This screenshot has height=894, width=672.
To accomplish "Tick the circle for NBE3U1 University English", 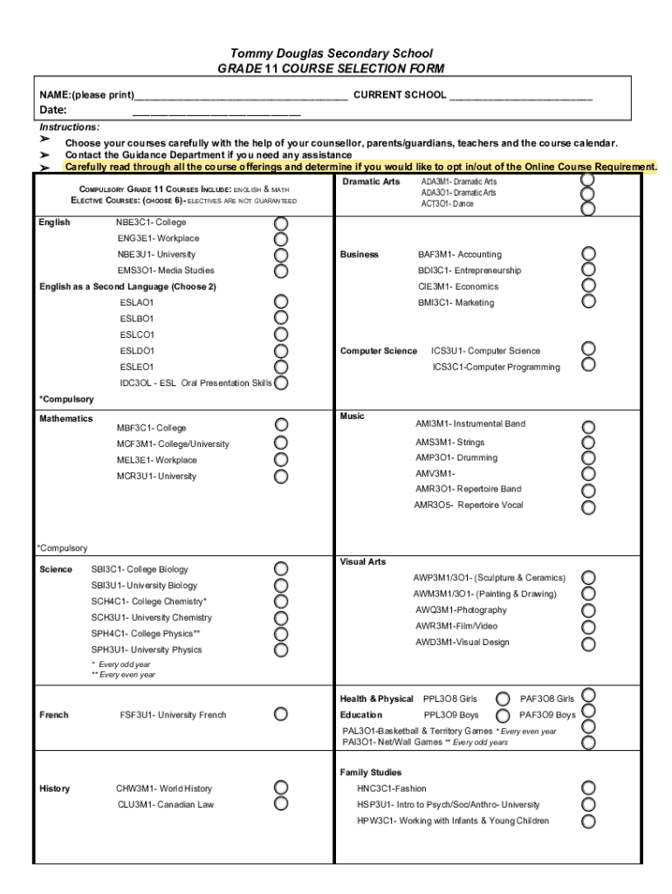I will click(281, 254).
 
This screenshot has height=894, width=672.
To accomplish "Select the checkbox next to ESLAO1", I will click(281, 302).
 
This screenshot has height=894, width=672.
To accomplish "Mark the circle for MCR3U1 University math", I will click(281, 477).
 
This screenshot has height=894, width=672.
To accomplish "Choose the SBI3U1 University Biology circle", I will click(281, 585).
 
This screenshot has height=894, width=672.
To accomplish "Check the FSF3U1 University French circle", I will click(281, 714).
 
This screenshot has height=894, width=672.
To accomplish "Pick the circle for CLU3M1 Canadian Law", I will click(281, 804).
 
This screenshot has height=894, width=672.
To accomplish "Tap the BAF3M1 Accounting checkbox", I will click(589, 254).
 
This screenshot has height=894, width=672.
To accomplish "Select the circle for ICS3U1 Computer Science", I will click(589, 350).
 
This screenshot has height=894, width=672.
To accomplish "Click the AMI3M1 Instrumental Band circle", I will click(589, 427).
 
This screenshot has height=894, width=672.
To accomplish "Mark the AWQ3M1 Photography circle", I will click(589, 610).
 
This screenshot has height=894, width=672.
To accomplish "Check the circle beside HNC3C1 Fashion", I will click(589, 788).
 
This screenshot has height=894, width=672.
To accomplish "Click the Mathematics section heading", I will click(66, 419).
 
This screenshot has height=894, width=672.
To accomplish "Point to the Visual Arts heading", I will click(362, 561).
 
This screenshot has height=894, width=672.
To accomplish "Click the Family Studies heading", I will click(371, 773).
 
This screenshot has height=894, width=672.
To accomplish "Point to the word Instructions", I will click(70, 127).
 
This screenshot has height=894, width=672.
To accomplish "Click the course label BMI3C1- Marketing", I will click(456, 303).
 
